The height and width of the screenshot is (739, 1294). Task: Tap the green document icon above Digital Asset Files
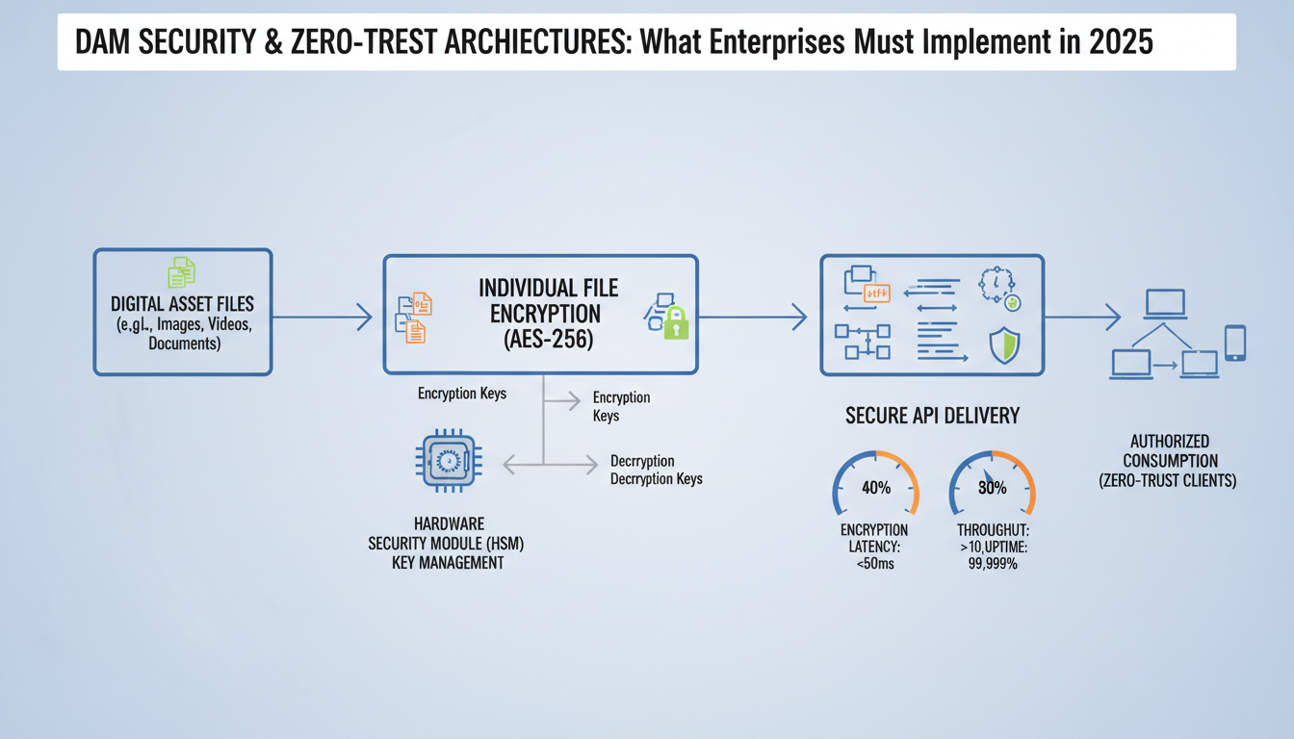coord(182,272)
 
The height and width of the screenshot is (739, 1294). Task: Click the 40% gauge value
coord(875,488)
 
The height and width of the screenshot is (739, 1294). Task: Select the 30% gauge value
coord(992,488)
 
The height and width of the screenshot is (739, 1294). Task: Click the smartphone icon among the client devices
coord(1234,343)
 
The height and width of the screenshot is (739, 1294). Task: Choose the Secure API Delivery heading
coord(932,416)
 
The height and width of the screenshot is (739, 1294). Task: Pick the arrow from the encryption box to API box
coord(753,315)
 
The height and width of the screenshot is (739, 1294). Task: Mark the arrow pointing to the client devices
coord(1083,316)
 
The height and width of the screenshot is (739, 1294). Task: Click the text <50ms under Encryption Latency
coord(874,564)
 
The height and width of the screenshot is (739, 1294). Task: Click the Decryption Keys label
coord(656,478)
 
